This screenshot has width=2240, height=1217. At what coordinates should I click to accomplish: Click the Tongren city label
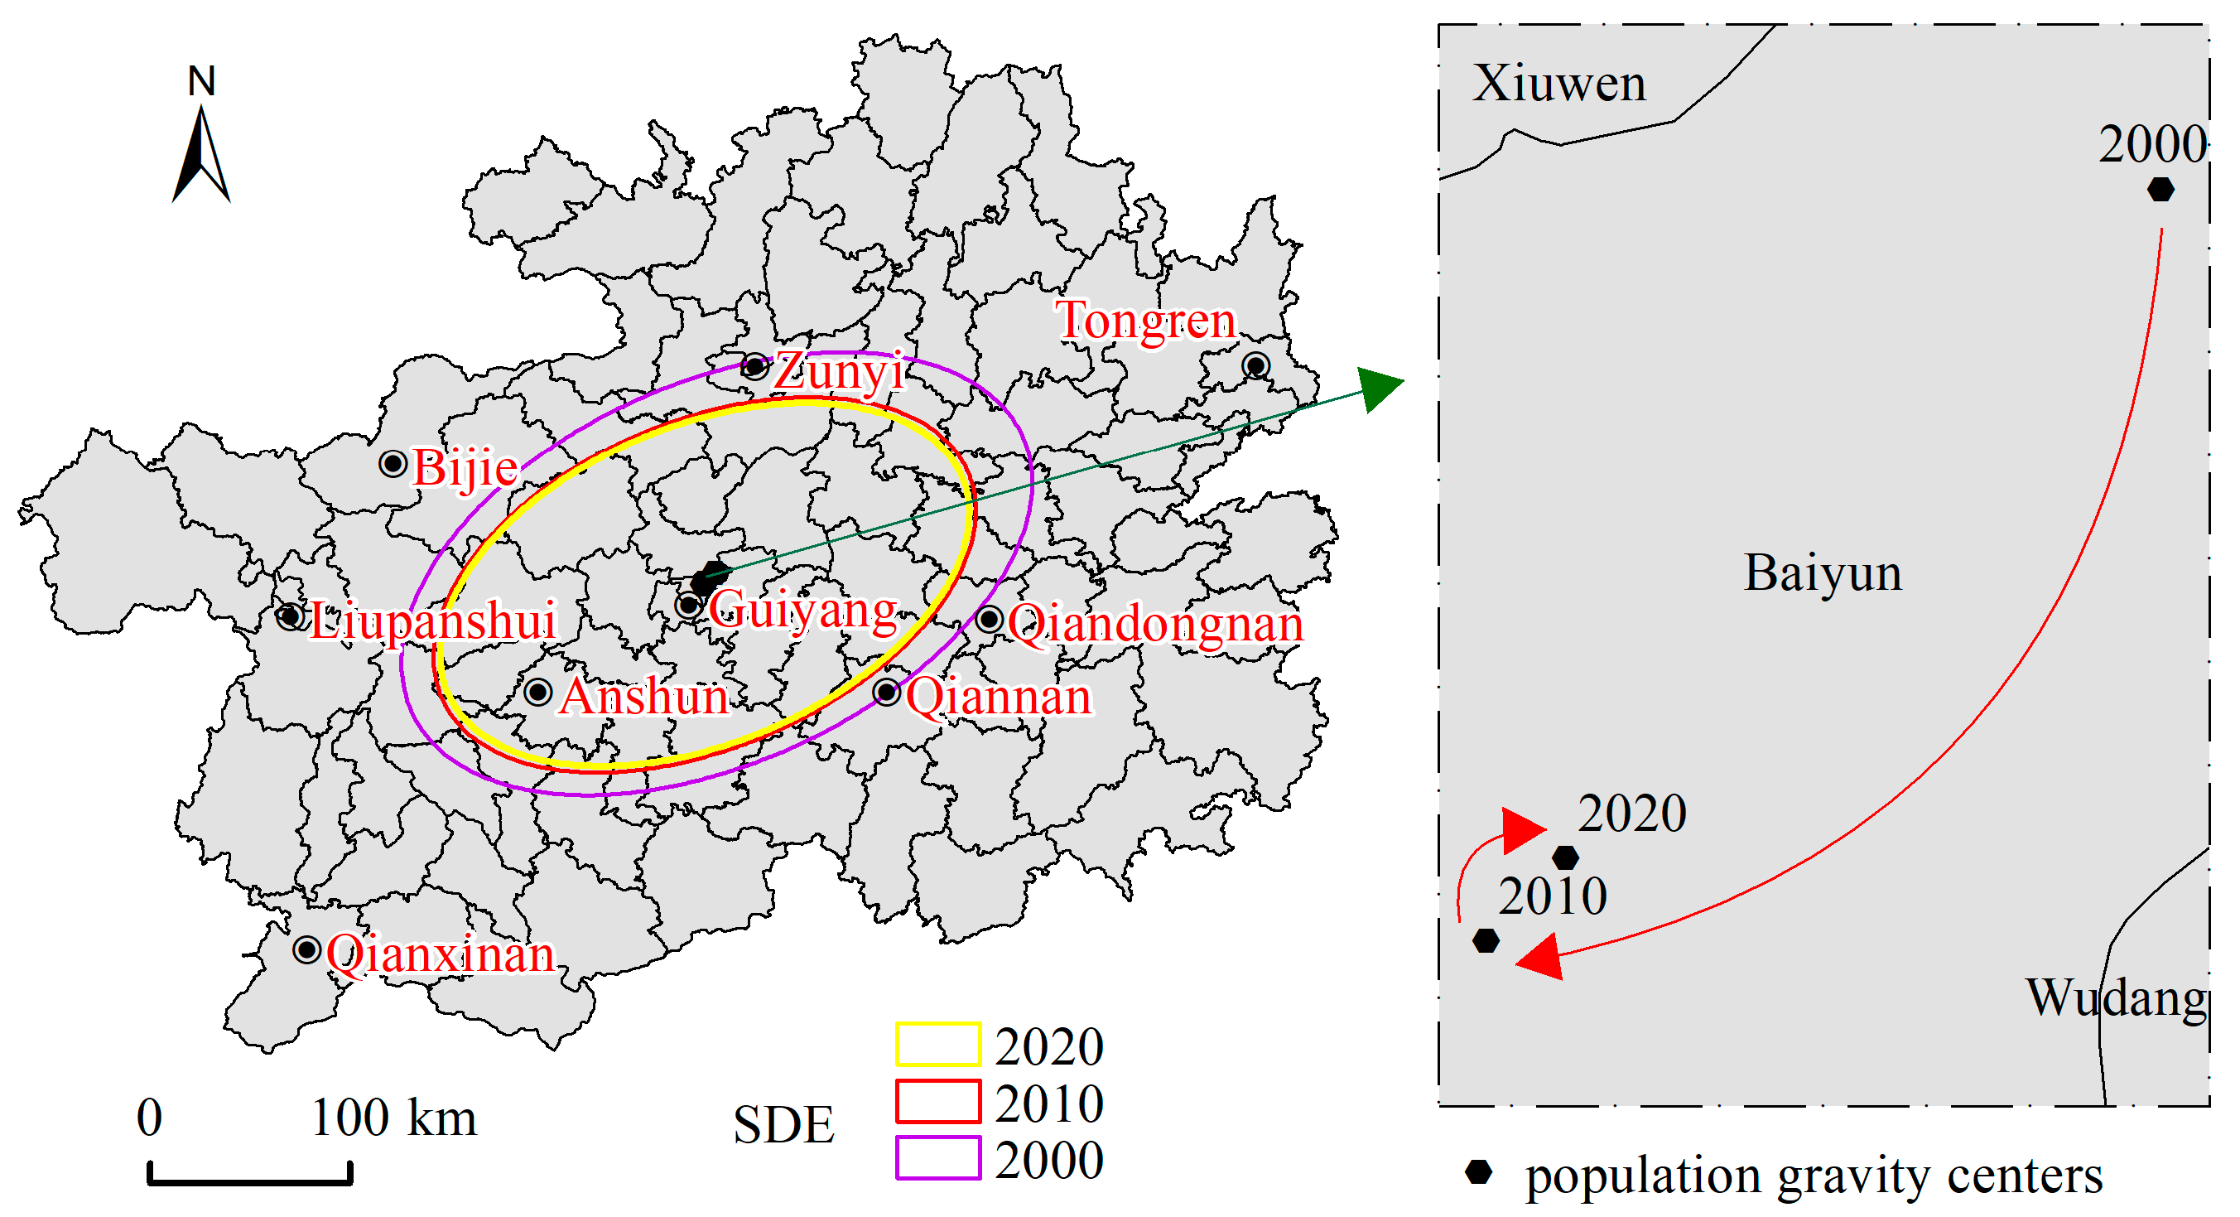pyautogui.click(x=1144, y=321)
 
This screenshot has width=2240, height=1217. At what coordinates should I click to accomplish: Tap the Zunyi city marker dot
pyautogui.click(x=754, y=365)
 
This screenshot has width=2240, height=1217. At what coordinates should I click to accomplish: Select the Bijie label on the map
pyautogui.click(x=465, y=468)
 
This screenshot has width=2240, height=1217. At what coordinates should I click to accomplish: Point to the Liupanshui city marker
pyautogui.click(x=291, y=616)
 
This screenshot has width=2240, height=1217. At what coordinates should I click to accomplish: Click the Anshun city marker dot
pyautogui.click(x=538, y=693)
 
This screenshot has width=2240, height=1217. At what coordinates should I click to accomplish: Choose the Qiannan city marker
pyautogui.click(x=886, y=693)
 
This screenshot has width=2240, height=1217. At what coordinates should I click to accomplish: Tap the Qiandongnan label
pyautogui.click(x=1155, y=624)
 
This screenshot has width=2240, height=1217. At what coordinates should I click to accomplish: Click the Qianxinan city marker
pyautogui.click(x=307, y=949)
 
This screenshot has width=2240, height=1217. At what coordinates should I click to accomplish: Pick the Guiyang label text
pyautogui.click(x=802, y=609)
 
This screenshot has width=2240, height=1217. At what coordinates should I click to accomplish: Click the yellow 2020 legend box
pyautogui.click(x=937, y=1045)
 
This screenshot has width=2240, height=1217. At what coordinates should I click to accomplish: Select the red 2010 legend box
pyautogui.click(x=937, y=1101)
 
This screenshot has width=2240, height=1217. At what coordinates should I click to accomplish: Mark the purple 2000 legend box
pyautogui.click(x=937, y=1158)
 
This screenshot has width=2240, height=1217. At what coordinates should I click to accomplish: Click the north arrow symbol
pyautogui.click(x=202, y=153)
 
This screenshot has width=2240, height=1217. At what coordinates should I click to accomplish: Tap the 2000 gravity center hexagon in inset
pyautogui.click(x=2160, y=190)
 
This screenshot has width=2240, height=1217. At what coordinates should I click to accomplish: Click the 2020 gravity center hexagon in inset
pyautogui.click(x=1565, y=857)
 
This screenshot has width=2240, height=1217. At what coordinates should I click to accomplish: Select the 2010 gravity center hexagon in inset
pyautogui.click(x=1486, y=940)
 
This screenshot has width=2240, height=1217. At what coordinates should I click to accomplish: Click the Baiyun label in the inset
pyautogui.click(x=1823, y=573)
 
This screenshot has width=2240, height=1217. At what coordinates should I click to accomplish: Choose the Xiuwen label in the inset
pyautogui.click(x=1559, y=84)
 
